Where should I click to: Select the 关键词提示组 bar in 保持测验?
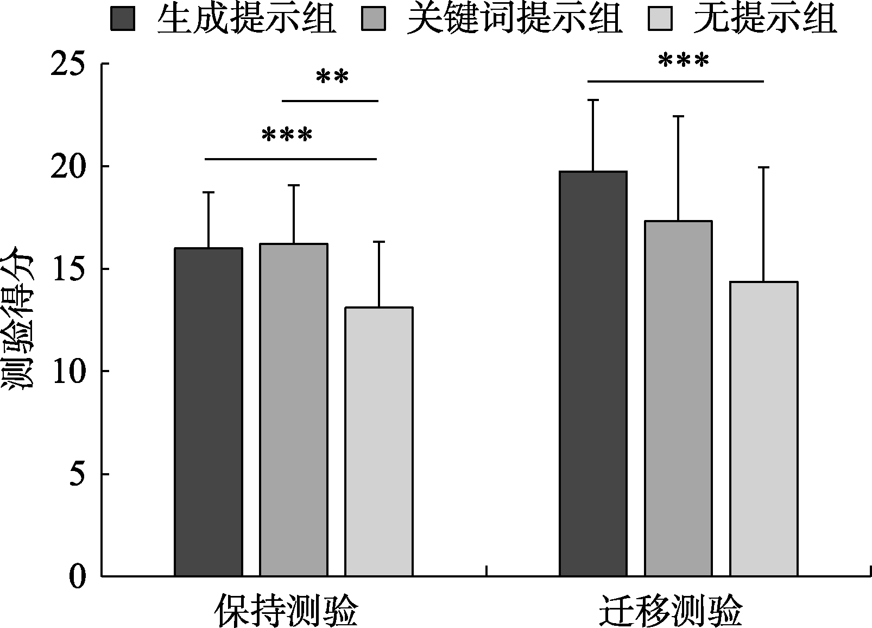coord(294,410)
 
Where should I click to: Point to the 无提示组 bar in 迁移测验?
coord(763,429)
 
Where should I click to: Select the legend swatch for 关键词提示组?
coord(373,20)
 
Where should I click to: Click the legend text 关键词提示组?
coord(514,20)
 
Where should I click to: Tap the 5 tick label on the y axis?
coord(78,474)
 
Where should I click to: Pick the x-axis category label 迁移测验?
coord(671,611)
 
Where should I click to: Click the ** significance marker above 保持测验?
coord(332,78)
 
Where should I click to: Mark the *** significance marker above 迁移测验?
coord(683,60)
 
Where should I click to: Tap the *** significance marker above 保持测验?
coord(287,135)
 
